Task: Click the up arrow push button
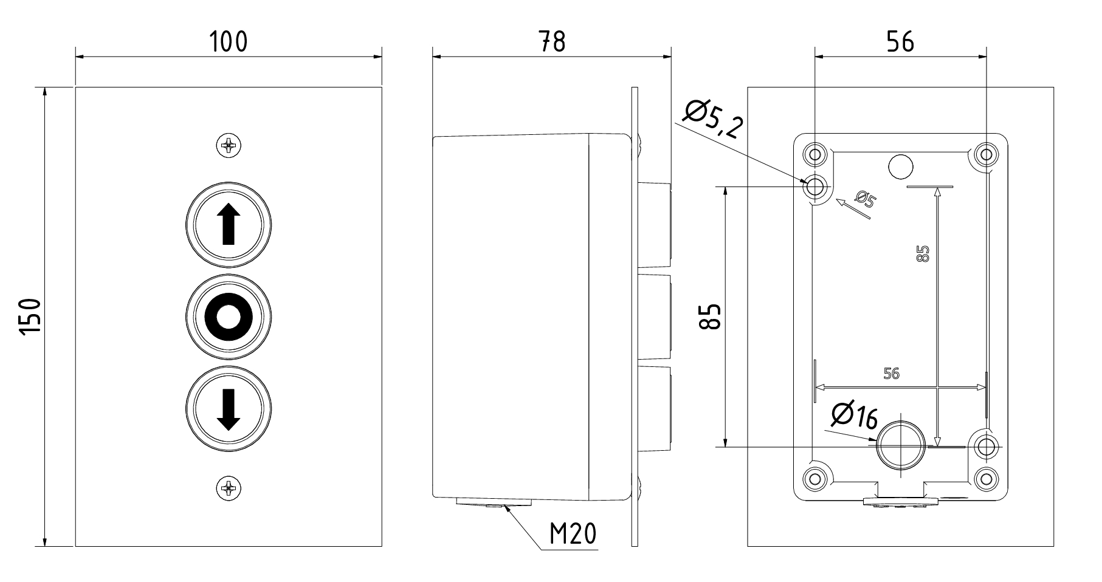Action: [229, 224]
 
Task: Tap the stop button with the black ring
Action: [229, 317]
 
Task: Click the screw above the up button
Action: [229, 145]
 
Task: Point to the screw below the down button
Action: [229, 487]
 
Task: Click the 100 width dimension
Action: [229, 41]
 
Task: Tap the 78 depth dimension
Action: [551, 41]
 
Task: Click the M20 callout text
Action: [573, 534]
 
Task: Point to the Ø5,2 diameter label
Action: [713, 120]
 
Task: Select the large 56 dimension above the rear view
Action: [900, 41]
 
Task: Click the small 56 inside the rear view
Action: [891, 374]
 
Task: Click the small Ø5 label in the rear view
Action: [865, 199]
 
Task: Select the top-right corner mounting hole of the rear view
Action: [985, 153]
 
